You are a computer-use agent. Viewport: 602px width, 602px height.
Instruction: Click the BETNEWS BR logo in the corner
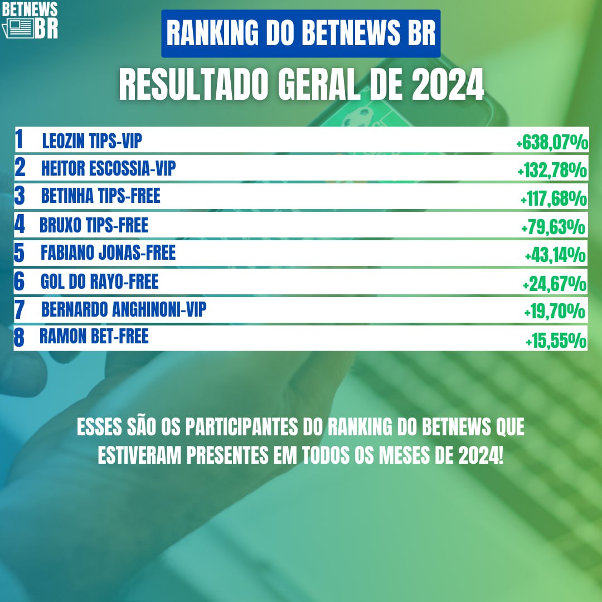30,20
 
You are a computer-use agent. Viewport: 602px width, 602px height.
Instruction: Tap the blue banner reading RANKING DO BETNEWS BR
301,33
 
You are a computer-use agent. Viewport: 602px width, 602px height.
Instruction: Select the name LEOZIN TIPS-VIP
92,142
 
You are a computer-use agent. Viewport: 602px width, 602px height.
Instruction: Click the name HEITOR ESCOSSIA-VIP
108,168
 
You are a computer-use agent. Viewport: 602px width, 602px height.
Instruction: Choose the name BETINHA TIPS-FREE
100,196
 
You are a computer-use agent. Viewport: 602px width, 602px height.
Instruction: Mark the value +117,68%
553,199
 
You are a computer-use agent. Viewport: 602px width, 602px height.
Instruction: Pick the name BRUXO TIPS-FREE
94,225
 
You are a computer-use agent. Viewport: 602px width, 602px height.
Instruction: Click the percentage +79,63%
553,227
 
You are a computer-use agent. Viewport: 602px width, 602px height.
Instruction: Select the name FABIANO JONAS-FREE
108,253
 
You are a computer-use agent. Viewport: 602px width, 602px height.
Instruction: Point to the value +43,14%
555,256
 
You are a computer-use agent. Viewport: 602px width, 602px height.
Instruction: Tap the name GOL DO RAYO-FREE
99,281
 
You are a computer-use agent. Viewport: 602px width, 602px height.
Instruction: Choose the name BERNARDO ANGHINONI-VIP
123,309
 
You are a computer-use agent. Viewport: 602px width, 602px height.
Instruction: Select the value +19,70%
554,312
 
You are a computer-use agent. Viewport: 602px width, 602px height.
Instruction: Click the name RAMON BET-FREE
94,336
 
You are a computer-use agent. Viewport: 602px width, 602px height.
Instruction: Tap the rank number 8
20,338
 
